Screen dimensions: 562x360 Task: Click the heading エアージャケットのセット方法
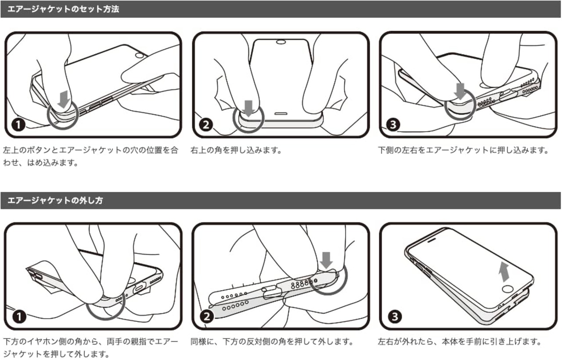(x=63, y=9)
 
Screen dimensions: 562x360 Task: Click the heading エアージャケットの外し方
(x=55, y=201)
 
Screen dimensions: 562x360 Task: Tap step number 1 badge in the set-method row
(x=18, y=125)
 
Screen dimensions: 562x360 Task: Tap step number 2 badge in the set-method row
(x=206, y=125)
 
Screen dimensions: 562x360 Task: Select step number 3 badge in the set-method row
(x=393, y=125)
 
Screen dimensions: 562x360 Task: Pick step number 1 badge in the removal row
(x=19, y=317)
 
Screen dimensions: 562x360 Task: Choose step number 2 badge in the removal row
(x=207, y=317)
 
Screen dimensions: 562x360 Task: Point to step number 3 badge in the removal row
(x=395, y=317)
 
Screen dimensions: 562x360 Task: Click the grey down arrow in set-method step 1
(x=64, y=99)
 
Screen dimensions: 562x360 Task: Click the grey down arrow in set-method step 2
(x=249, y=108)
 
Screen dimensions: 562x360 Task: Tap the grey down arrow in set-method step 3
(x=460, y=91)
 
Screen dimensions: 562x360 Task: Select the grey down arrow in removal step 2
(x=326, y=260)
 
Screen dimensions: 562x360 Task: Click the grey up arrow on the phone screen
(x=504, y=272)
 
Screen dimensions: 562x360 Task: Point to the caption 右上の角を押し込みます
(x=236, y=150)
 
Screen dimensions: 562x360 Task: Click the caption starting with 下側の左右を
(x=463, y=150)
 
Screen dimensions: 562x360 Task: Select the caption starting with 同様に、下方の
(x=272, y=342)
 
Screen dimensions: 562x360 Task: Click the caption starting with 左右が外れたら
(x=460, y=342)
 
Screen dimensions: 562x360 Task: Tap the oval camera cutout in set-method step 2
(x=281, y=42)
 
